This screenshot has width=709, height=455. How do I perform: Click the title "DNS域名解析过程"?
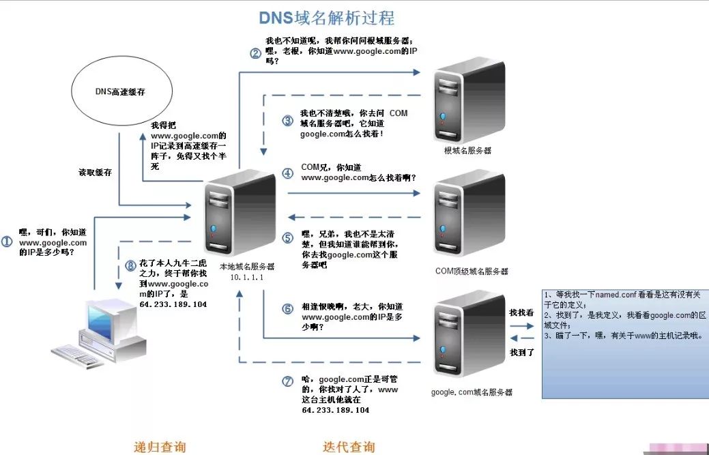click(x=326, y=18)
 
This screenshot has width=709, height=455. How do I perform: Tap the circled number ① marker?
click(x=8, y=241)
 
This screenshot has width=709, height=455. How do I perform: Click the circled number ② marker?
click(x=255, y=53)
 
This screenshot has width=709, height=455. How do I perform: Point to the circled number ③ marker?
click(x=287, y=121)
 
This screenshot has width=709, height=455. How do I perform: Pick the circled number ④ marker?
click(x=287, y=173)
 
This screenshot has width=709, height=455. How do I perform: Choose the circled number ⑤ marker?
click(x=287, y=238)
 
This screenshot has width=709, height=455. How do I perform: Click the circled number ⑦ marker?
click(x=287, y=379)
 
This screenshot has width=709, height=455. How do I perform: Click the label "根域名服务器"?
click(x=467, y=149)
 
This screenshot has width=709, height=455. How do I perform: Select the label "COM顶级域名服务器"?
click(x=472, y=271)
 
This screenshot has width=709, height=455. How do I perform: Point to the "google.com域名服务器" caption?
click(x=472, y=392)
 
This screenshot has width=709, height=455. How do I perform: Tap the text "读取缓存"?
click(x=96, y=173)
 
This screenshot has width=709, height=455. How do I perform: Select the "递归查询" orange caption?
click(x=160, y=447)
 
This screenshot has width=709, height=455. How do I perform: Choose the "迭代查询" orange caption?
click(x=349, y=447)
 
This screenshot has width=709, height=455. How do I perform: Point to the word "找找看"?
click(x=522, y=312)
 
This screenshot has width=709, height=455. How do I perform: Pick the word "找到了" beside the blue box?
click(x=522, y=352)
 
